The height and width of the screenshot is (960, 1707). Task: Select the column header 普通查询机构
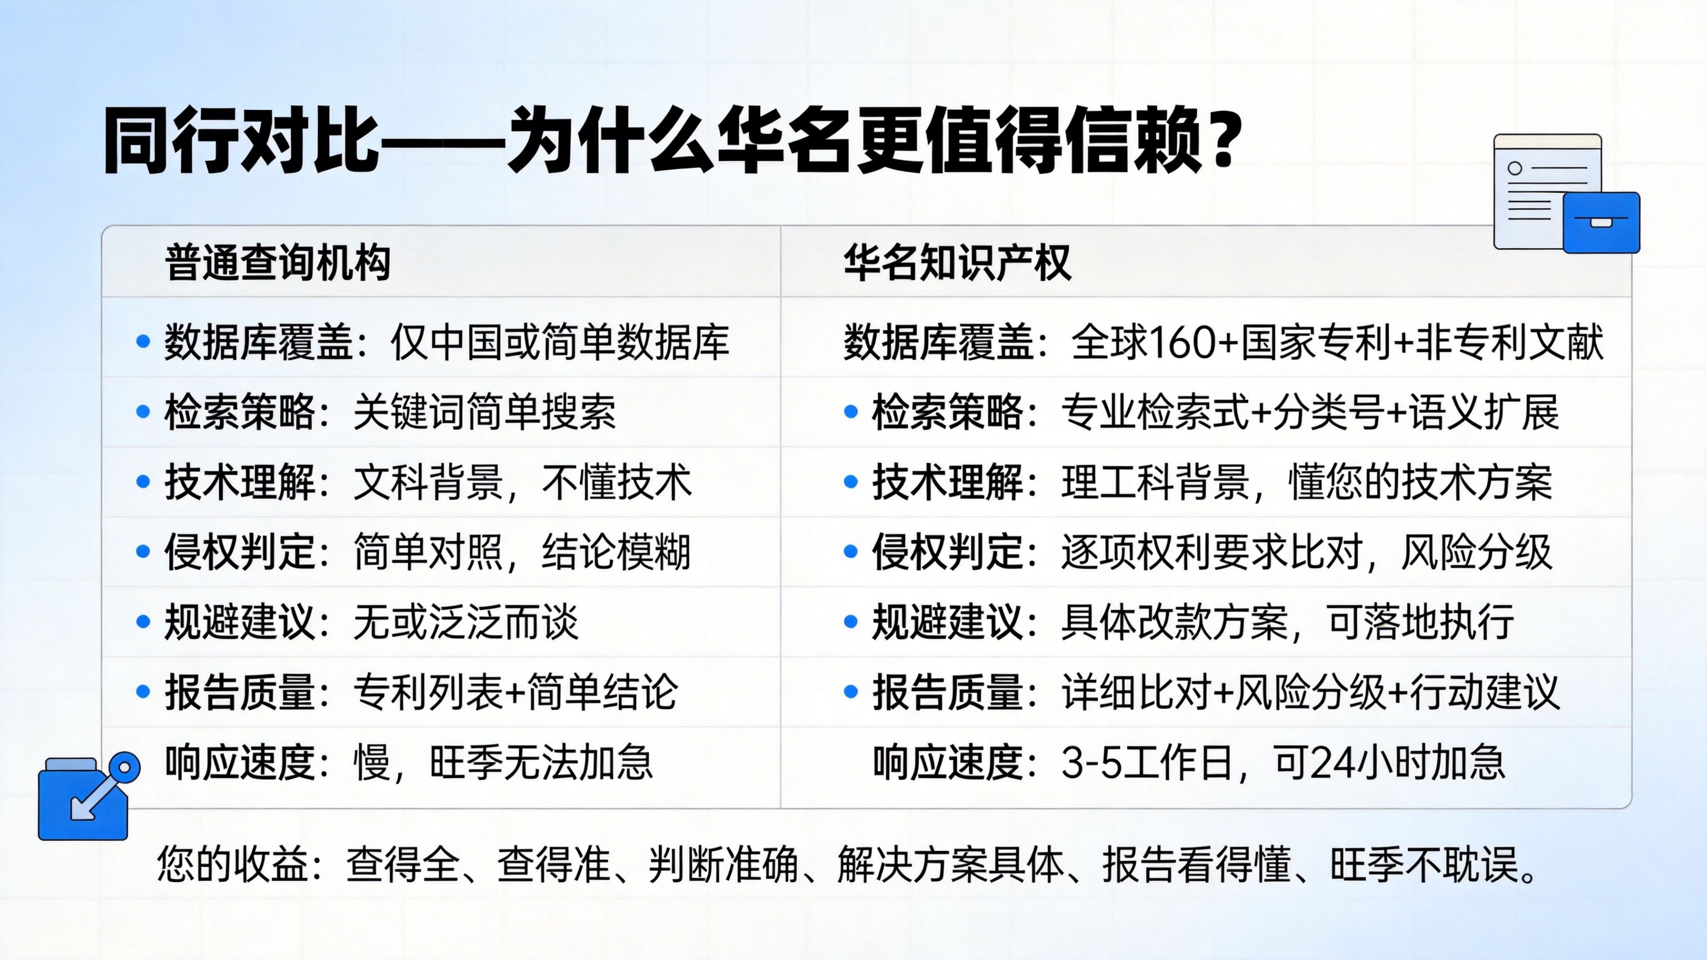click(277, 262)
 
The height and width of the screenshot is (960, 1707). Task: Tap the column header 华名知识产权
click(956, 262)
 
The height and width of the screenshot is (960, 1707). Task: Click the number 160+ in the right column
click(1192, 342)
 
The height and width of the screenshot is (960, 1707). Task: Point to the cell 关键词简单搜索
click(485, 412)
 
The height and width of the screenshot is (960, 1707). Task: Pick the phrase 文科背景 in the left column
click(428, 481)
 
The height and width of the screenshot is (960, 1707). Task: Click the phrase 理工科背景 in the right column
click(1155, 481)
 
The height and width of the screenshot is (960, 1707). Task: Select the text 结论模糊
click(616, 552)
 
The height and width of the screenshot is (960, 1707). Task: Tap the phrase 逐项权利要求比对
click(1212, 552)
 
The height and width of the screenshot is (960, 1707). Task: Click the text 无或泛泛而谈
click(466, 622)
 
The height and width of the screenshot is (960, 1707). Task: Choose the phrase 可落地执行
click(1421, 622)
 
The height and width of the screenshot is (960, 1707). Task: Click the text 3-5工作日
click(1146, 762)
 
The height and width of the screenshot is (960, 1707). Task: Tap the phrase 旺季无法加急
click(541, 762)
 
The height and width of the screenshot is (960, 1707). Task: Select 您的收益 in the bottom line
click(233, 864)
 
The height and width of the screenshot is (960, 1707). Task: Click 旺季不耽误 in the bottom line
click(1424, 864)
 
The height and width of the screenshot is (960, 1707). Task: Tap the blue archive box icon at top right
click(1601, 222)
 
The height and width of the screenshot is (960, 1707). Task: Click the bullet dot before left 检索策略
click(143, 412)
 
